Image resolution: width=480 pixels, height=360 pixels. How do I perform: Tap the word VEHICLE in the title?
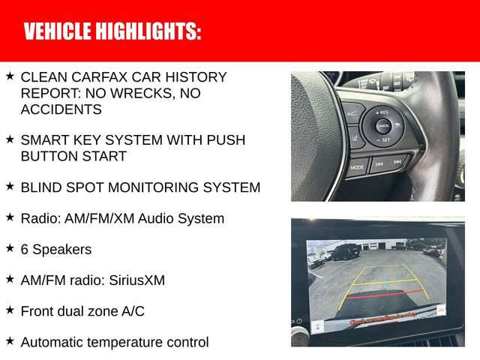[57, 31]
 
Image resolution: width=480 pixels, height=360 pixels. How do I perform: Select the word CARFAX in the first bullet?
[98, 77]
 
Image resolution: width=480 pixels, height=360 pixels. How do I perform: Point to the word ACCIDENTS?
[61, 109]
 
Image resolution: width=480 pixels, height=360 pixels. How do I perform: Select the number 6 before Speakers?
[25, 249]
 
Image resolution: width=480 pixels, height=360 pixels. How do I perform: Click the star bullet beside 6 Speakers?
[9, 247]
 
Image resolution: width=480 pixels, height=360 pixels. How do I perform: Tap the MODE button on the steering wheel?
[357, 167]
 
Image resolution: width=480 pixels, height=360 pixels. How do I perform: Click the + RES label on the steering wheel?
[382, 112]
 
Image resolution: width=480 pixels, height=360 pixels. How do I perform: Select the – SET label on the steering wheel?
[382, 140]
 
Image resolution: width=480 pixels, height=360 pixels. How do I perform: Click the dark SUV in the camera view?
[344, 253]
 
